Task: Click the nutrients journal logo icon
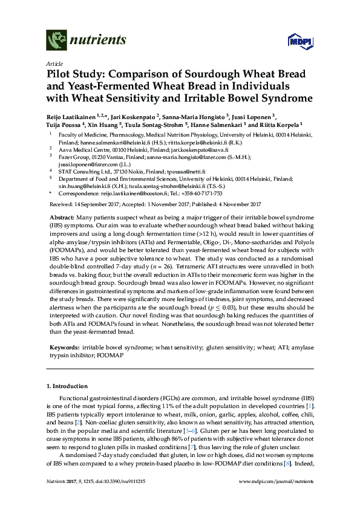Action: click(x=57, y=41)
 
